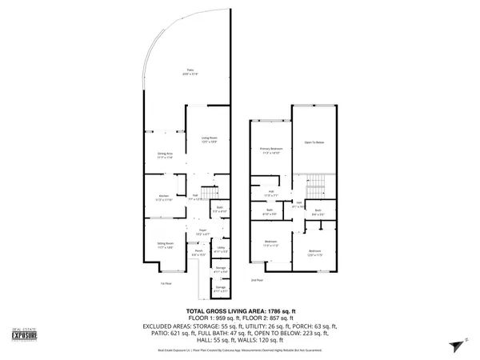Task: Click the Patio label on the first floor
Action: pos(190,70)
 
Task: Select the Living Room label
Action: pos(209,140)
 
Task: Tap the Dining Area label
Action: pos(166,156)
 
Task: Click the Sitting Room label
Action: pos(165,246)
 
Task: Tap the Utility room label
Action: pos(220,250)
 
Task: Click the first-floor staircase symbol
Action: pos(209,194)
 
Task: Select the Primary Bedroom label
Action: pos(270,150)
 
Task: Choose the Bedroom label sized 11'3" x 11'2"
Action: pos(271,243)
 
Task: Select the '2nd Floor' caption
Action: pos(257,281)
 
